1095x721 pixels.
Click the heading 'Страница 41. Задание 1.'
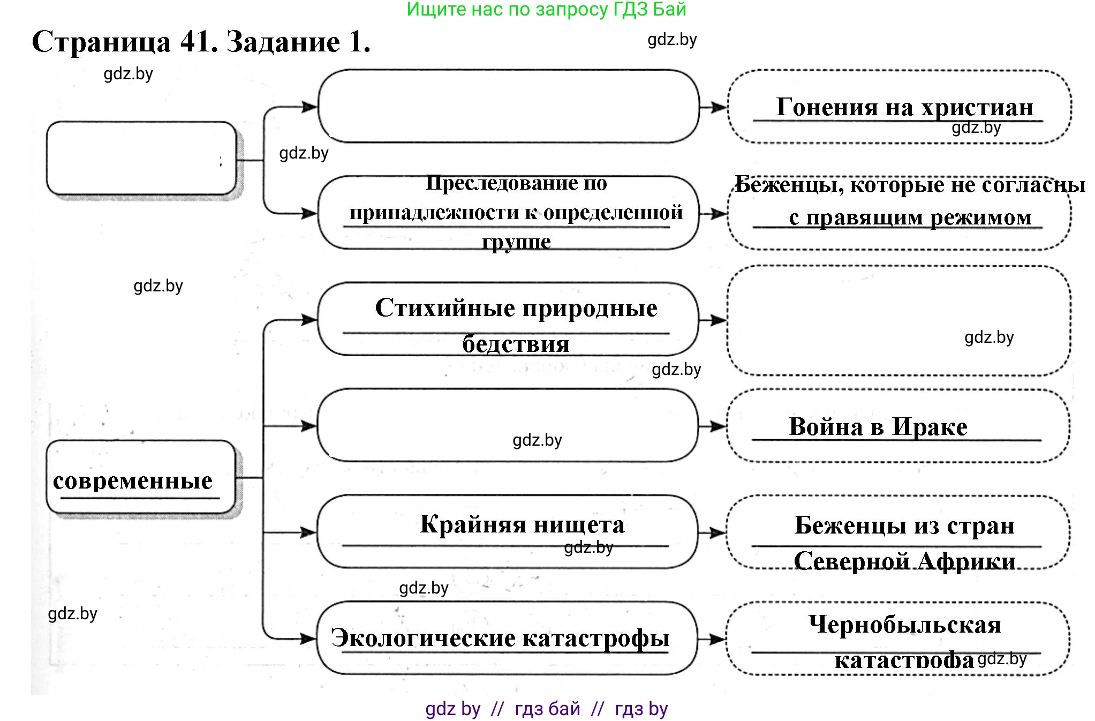click(201, 42)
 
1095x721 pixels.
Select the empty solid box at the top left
click(141, 159)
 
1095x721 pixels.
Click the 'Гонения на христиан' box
click(900, 107)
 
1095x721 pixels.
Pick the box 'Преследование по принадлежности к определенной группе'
click(509, 213)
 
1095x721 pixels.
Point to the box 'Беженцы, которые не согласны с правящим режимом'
click(900, 213)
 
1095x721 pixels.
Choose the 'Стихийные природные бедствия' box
click(509, 319)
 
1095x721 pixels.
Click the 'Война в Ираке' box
click(898, 426)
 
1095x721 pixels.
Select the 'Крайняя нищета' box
click(508, 531)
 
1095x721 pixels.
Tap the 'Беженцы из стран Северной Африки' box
click(898, 532)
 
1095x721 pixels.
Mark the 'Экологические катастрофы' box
click(507, 638)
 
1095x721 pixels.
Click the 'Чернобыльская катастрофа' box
click(898, 639)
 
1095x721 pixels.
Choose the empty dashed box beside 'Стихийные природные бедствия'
click(900, 320)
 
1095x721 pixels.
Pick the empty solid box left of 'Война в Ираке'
click(508, 425)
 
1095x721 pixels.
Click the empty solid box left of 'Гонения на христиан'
click(509, 106)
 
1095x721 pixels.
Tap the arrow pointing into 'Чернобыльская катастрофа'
click(712, 639)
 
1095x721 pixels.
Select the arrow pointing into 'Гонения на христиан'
click(714, 107)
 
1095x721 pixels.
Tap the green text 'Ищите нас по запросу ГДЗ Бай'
click(546, 9)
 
